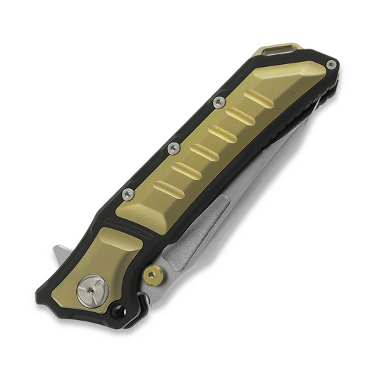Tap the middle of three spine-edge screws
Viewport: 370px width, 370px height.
click(171, 147)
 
